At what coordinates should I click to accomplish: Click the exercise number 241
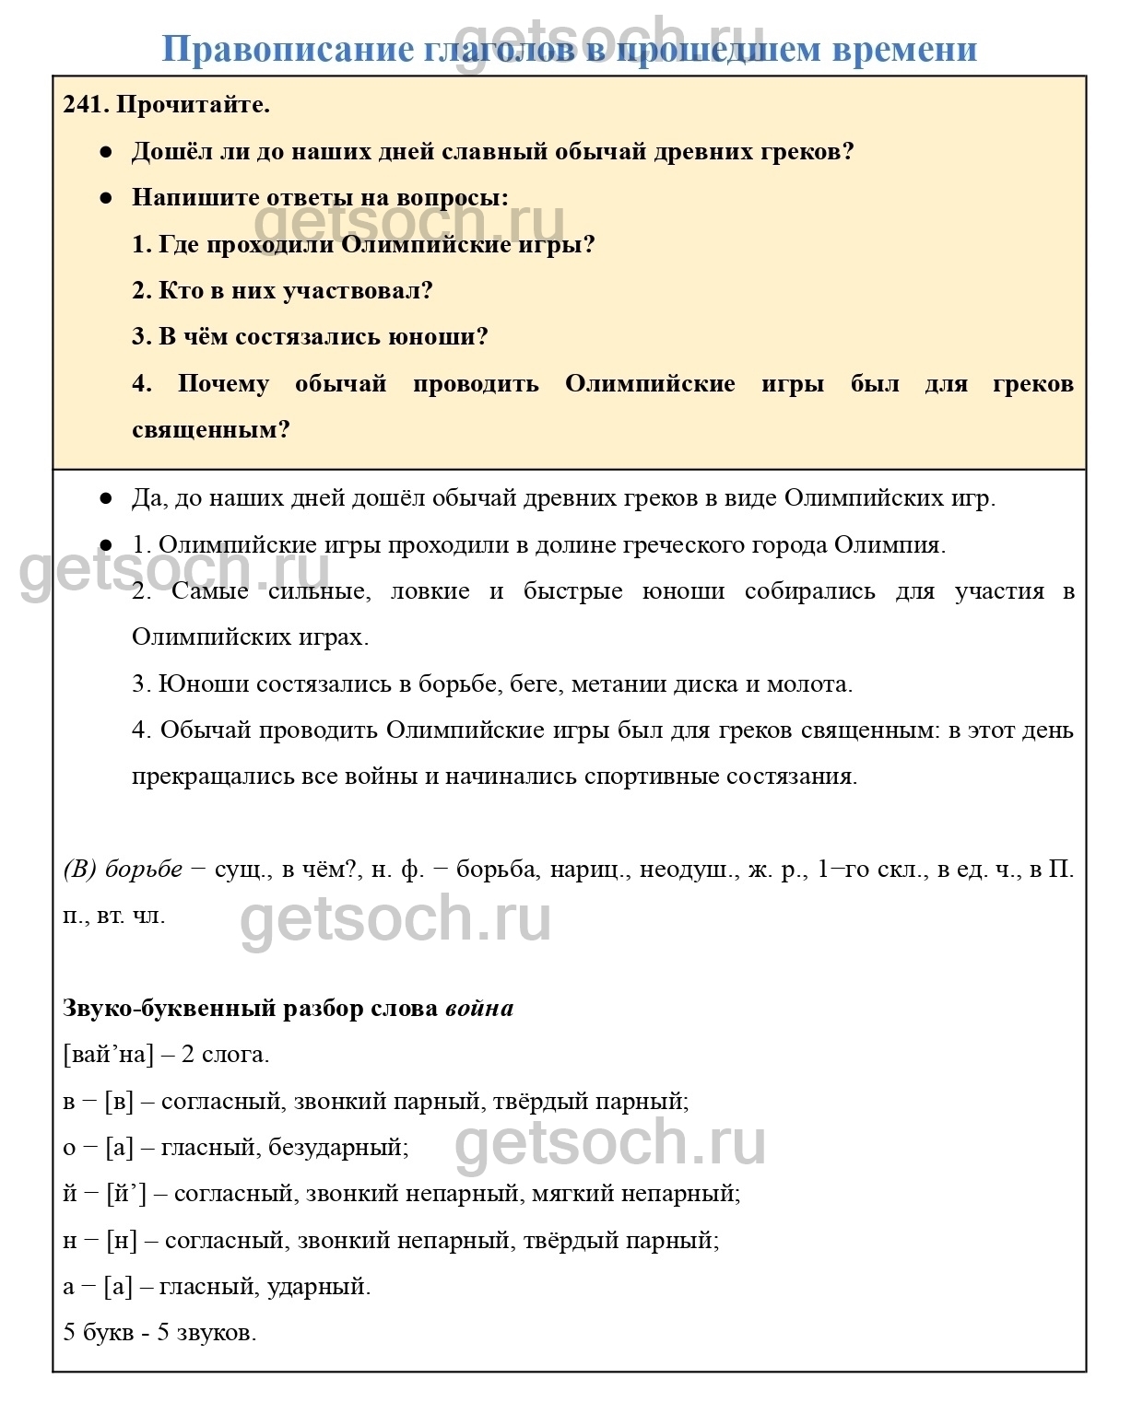[x=85, y=105]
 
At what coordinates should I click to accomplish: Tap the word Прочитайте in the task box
[x=193, y=105]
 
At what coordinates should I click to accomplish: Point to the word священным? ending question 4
[x=211, y=430]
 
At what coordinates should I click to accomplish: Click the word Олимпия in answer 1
[x=890, y=545]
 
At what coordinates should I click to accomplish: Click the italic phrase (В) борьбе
[x=123, y=870]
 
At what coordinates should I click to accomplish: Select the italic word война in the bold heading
[x=479, y=1009]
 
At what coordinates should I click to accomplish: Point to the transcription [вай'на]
[x=109, y=1055]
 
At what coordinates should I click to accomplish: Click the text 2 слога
[x=225, y=1055]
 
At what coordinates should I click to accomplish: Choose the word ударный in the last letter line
[x=319, y=1287]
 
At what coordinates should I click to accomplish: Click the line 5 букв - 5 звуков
[x=159, y=1333]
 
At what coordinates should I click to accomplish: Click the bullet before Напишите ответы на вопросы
[x=106, y=197]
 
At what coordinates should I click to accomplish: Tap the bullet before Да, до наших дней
[x=106, y=498]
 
